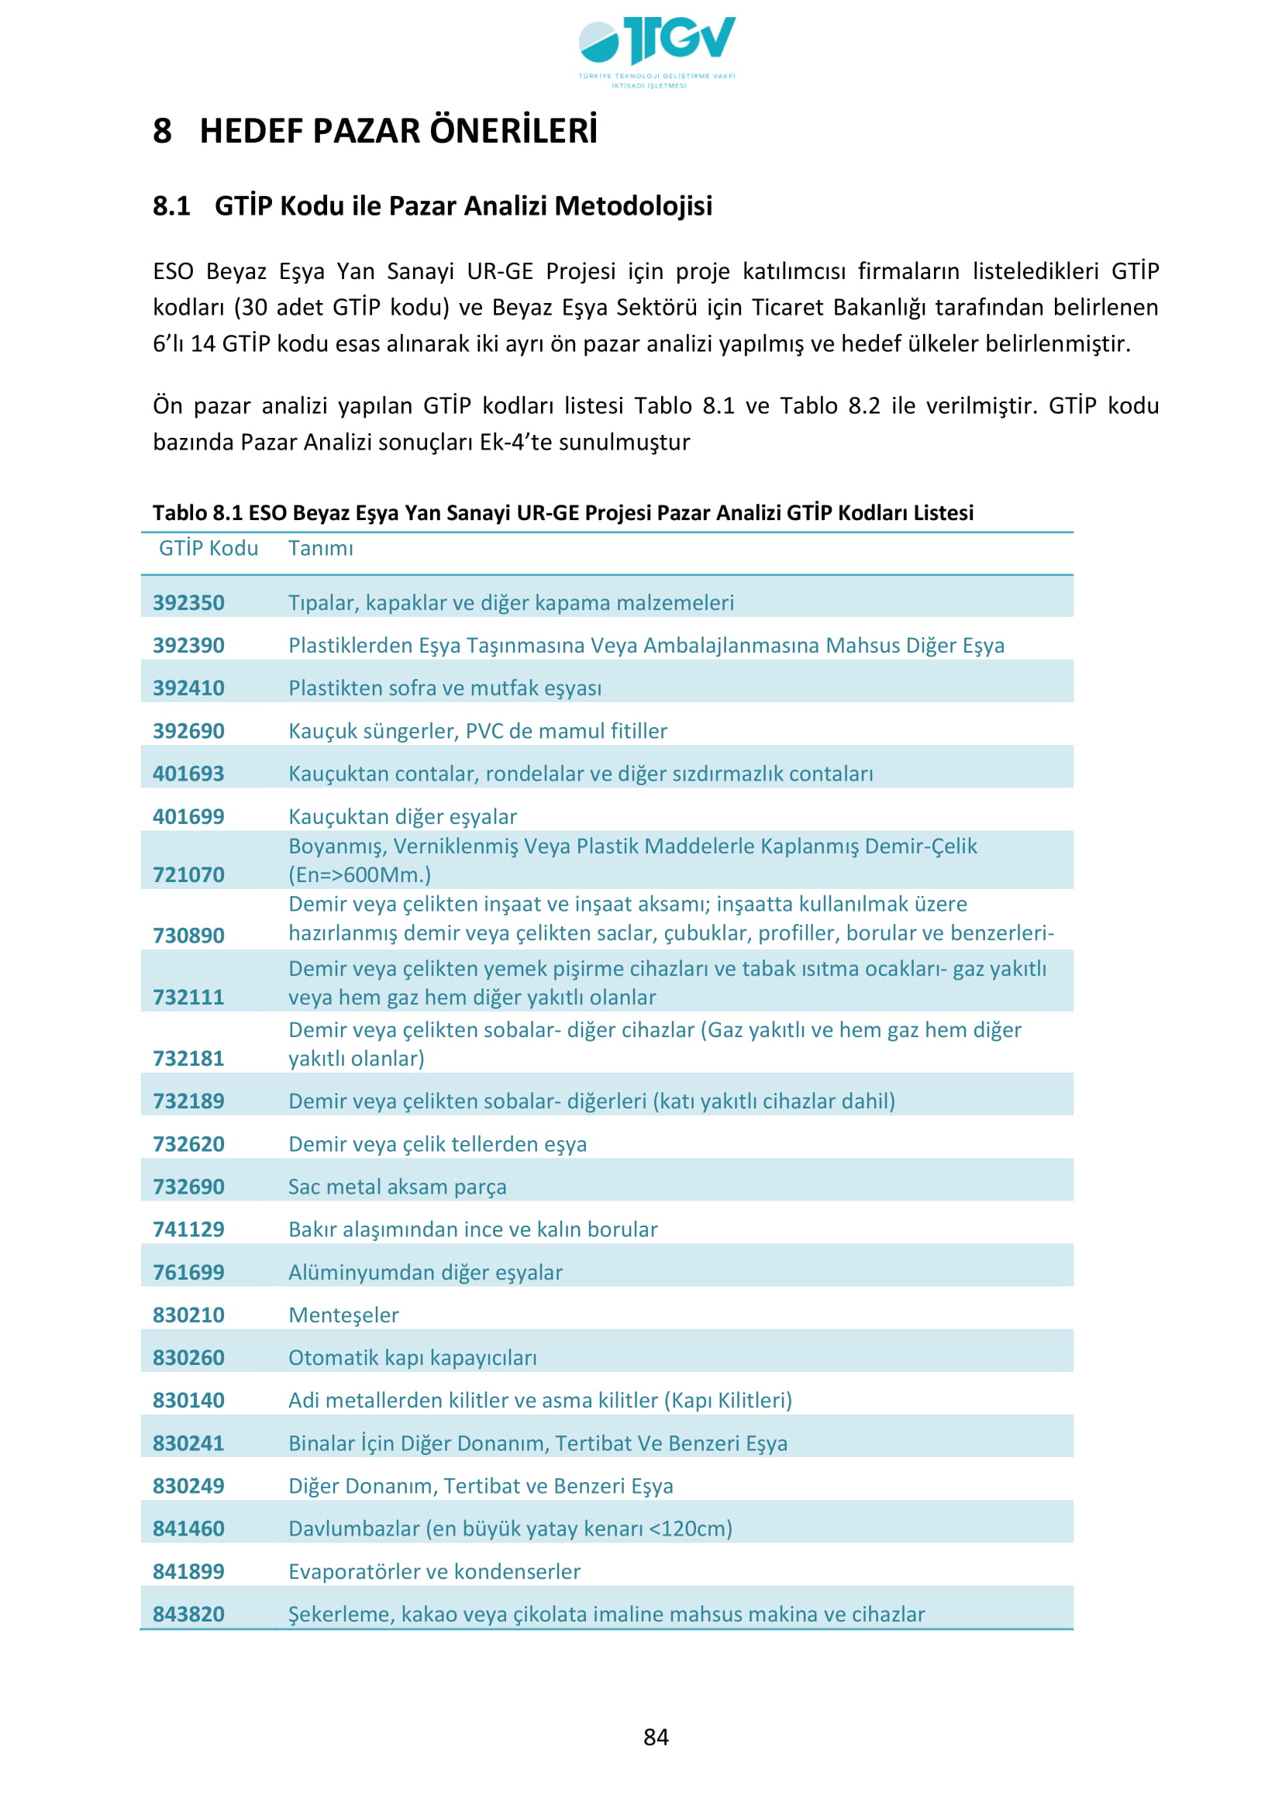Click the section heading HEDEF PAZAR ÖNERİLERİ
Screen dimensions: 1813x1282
coord(398,131)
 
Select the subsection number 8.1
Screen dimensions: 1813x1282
coord(171,206)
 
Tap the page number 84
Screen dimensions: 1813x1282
coord(656,1736)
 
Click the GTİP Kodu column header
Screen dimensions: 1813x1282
coord(208,548)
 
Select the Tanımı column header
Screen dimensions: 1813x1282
coord(321,548)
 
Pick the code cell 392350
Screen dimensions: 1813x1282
coord(188,602)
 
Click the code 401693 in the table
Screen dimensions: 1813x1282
coord(188,773)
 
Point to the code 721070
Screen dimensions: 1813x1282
coord(188,874)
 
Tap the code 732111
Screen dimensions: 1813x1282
coord(188,997)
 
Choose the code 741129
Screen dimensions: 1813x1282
coord(188,1229)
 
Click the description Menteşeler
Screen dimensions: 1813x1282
coord(343,1315)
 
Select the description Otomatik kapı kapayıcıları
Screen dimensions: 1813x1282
coord(412,1357)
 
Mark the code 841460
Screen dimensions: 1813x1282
coord(188,1528)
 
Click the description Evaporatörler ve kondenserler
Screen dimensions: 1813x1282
coord(434,1570)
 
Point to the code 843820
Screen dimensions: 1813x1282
coord(188,1613)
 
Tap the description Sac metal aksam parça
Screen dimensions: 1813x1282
coord(397,1186)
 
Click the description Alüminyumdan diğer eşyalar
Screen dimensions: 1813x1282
coord(425,1272)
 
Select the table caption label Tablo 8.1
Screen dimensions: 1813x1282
coord(198,512)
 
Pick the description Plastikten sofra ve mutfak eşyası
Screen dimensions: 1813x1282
coord(444,688)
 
